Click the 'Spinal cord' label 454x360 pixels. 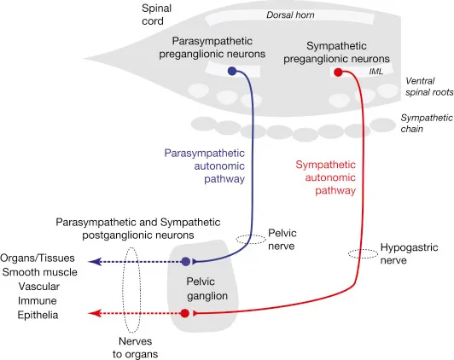coord(158,14)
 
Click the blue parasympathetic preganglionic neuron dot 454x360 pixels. coord(233,73)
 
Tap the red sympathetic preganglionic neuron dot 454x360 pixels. coord(338,73)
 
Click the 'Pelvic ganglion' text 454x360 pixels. coord(207,287)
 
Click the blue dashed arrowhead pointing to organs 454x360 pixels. coord(94,261)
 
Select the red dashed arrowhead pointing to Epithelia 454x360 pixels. coord(94,315)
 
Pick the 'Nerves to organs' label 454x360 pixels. coord(136,346)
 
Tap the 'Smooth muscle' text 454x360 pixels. coord(39,272)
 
